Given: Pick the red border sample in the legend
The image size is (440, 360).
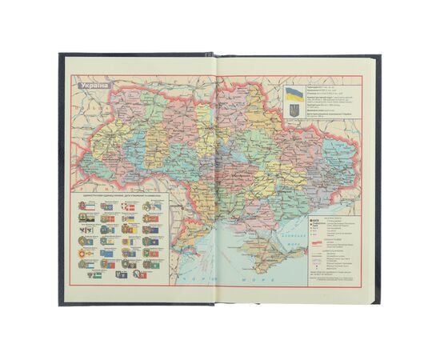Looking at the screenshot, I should [x=318, y=242].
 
